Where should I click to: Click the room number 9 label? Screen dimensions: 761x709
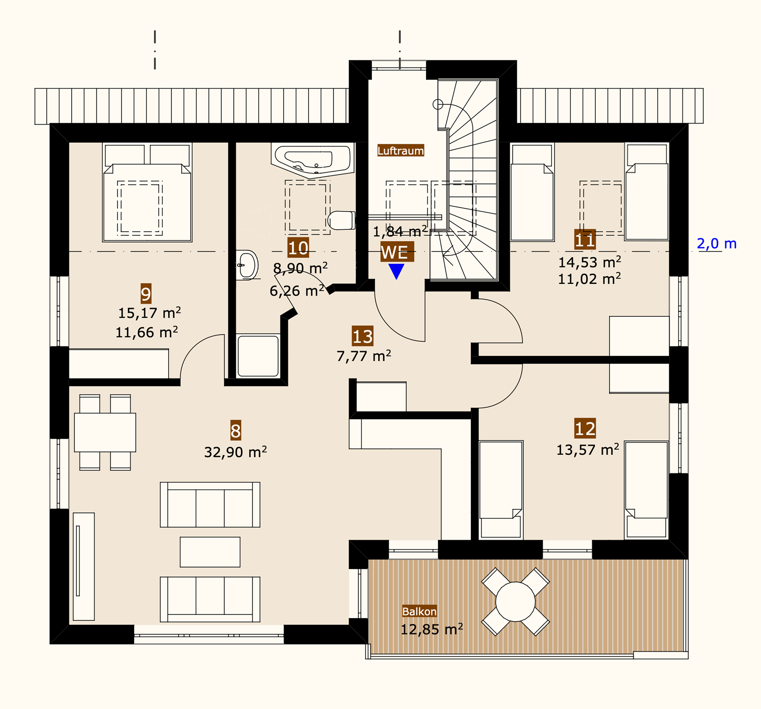point(146,294)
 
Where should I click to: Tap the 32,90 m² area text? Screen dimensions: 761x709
point(236,452)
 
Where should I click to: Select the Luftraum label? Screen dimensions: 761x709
point(401,150)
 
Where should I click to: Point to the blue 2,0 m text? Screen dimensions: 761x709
point(716,244)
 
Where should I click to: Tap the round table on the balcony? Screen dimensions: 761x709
point(515,601)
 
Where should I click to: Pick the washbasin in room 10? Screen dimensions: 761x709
point(247,265)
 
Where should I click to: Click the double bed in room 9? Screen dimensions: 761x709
point(147,193)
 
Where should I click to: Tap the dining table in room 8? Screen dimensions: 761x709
point(105,432)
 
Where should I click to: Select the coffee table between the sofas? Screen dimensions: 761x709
point(210,552)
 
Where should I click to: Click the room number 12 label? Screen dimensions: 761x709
point(585,428)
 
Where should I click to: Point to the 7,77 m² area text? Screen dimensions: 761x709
point(364,356)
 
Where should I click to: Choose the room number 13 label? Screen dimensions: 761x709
point(363,336)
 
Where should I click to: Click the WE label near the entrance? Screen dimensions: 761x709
point(395,252)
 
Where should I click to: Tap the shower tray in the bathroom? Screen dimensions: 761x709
point(258,356)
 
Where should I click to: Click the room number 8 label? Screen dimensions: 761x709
point(236,430)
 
